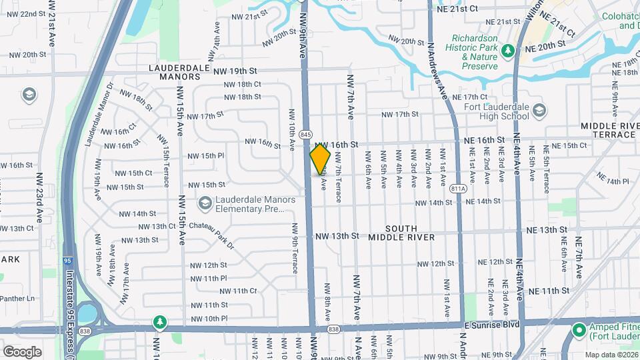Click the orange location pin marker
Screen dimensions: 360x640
pyautogui.click(x=321, y=159)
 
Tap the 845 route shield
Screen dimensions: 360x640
pyautogui.click(x=306, y=135)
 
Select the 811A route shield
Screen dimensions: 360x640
pyautogui.click(x=457, y=188)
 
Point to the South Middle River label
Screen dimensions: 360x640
pyautogui.click(x=401, y=233)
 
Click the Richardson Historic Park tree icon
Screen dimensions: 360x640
pyautogui.click(x=508, y=51)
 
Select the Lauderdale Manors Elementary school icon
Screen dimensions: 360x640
pyautogui.click(x=205, y=202)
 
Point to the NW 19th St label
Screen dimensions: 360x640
pyautogui.click(x=235, y=70)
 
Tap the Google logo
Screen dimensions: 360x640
pyautogui.click(x=22, y=351)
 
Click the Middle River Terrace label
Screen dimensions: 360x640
pyautogui.click(x=609, y=130)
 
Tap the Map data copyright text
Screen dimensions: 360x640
pyautogui.click(x=611, y=355)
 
